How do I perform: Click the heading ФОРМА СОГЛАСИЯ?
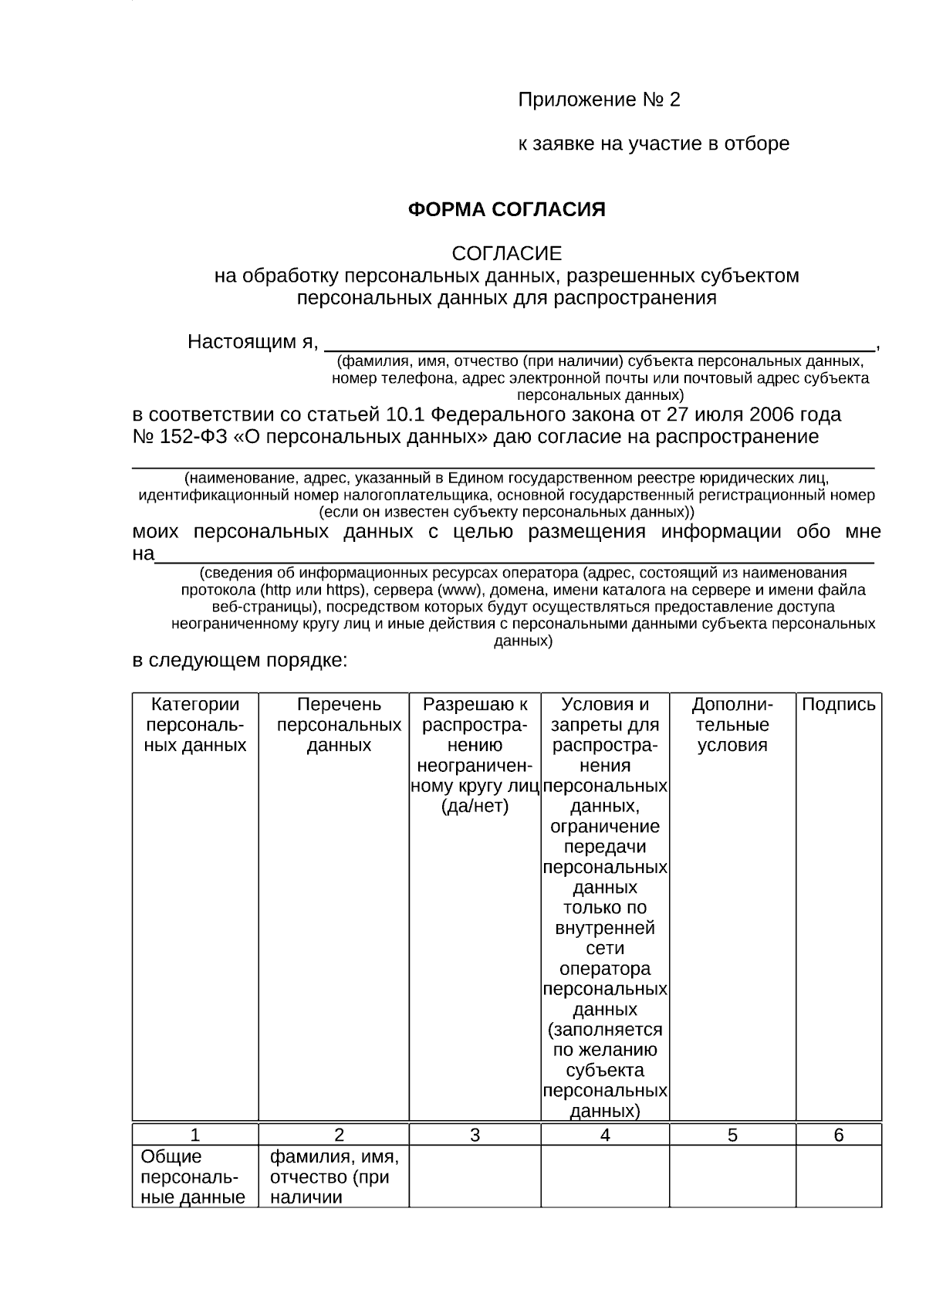click(x=506, y=210)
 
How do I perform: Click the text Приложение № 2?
click(x=599, y=100)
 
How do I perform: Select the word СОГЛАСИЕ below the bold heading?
click(x=506, y=253)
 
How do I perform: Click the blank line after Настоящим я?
click(x=599, y=343)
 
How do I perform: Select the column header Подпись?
click(x=839, y=705)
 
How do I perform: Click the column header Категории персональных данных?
click(x=195, y=725)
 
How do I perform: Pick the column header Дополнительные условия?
click(x=732, y=725)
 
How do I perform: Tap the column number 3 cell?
click(x=475, y=1135)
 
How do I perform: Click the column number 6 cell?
click(x=839, y=1135)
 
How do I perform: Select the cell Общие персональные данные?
click(x=193, y=1176)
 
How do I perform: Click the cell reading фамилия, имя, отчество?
click(x=333, y=1176)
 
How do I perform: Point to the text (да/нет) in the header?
click(x=475, y=807)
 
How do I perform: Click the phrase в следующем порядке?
click(x=240, y=662)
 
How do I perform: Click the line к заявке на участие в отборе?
click(x=653, y=144)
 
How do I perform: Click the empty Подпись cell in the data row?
click(x=839, y=1176)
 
